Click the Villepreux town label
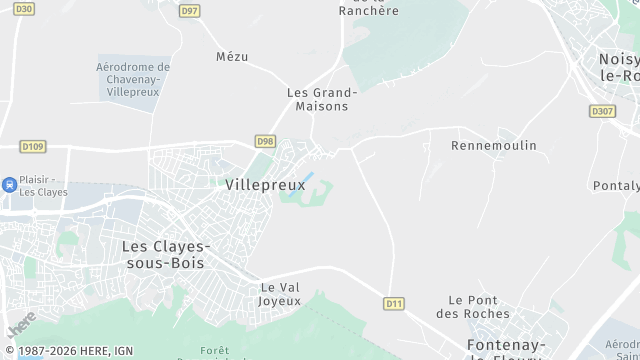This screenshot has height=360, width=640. tap(265, 185)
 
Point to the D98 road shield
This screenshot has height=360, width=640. tap(265, 141)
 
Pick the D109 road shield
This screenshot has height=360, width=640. tap(33, 147)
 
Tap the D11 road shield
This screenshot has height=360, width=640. tap(393, 302)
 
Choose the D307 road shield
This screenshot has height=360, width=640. tap(603, 111)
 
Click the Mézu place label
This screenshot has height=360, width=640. tap(232, 57)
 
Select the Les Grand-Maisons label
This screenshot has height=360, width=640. tap(322, 99)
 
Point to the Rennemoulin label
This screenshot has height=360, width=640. tap(494, 146)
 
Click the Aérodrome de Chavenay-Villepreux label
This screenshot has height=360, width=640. tap(133, 78)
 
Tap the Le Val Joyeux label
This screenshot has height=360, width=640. tap(279, 294)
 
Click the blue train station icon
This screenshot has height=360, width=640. tap(9, 184)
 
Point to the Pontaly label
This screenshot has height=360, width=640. tap(616, 186)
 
